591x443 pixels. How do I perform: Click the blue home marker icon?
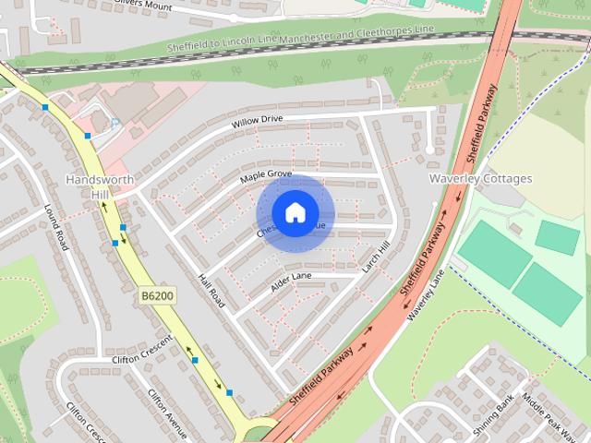click(295, 212)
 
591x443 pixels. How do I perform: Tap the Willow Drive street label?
click(258, 121)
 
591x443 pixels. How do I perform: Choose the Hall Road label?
click(211, 291)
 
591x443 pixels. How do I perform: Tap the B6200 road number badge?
click(157, 295)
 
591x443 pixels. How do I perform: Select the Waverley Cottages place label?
click(481, 178)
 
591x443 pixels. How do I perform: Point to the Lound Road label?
click(56, 227)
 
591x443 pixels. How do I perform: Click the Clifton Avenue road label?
click(167, 413)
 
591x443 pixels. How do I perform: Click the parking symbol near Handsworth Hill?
click(115, 122)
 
